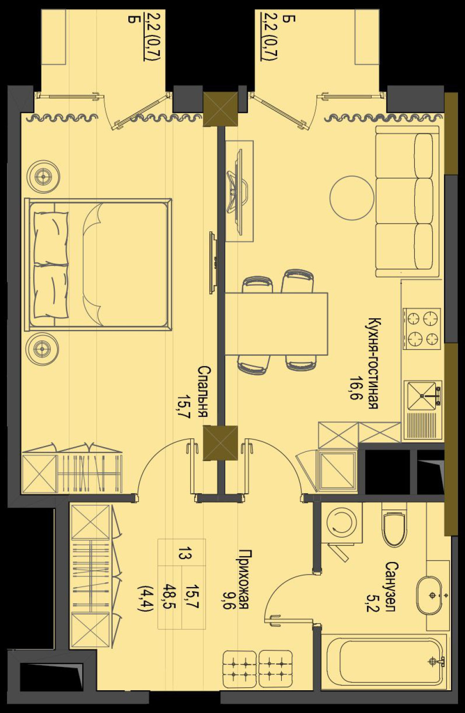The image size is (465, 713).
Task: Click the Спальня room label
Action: [x=203, y=392]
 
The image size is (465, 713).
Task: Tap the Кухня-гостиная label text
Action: [x=372, y=363]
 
